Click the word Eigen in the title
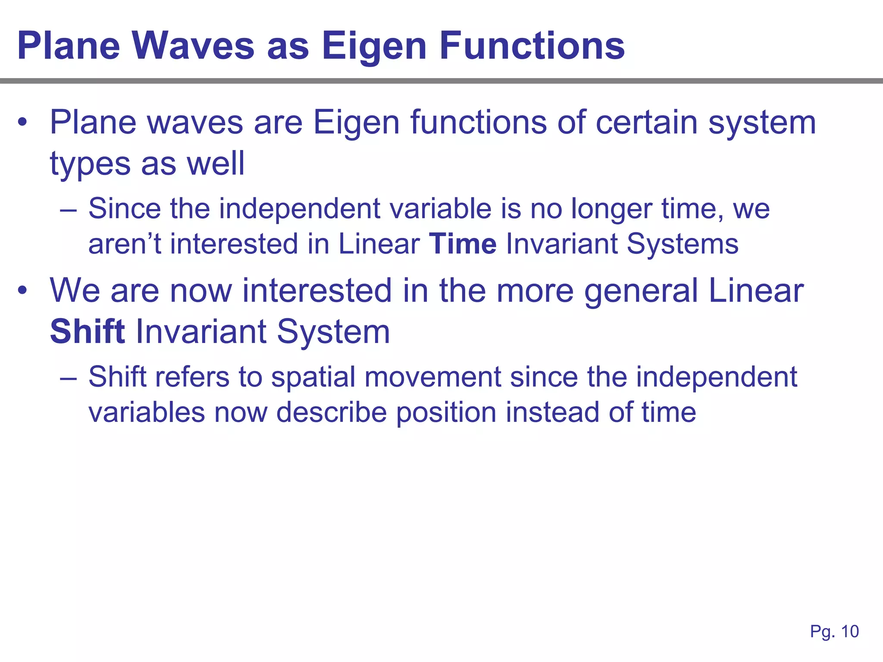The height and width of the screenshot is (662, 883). pos(373,47)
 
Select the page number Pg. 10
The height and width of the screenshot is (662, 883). pos(834,631)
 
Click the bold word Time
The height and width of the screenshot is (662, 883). pos(463,244)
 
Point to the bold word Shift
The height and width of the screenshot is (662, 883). pos(88,331)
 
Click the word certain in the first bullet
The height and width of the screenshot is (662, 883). pos(646,122)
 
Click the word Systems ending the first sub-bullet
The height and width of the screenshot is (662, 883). pos(683,244)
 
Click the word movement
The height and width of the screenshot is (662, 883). pos(432,377)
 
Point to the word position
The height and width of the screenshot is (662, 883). pos(446,413)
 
